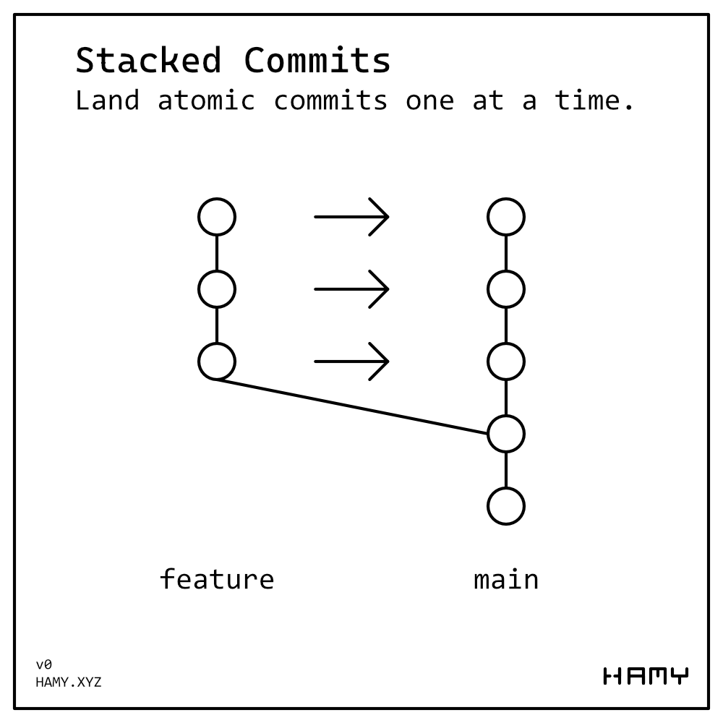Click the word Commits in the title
click(317, 61)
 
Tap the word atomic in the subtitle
click(206, 100)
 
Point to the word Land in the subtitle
click(107, 100)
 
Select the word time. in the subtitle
click(594, 100)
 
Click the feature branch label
click(217, 579)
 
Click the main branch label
click(506, 579)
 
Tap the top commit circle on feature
click(217, 217)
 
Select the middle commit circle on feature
click(217, 289)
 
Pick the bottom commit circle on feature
click(217, 361)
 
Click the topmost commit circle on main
click(506, 217)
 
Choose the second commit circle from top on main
click(506, 289)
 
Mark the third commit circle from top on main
click(506, 361)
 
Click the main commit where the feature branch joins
click(506, 434)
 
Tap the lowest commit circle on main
click(506, 506)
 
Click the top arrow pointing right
click(352, 217)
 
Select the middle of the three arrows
click(352, 289)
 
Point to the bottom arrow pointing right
click(352, 361)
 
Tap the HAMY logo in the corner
click(646, 677)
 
